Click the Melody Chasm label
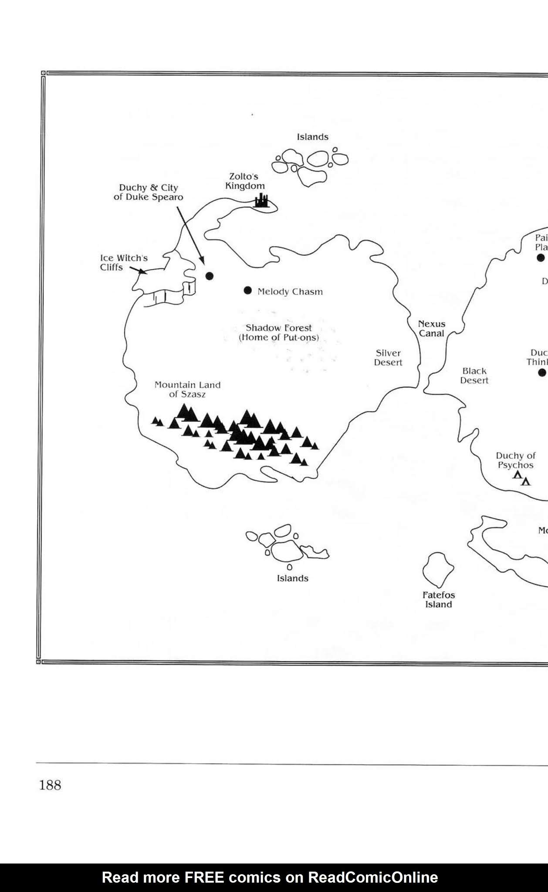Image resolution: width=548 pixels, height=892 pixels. point(290,292)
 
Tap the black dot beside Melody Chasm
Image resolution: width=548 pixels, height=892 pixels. point(248,291)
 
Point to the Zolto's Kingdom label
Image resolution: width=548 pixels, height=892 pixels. point(245,181)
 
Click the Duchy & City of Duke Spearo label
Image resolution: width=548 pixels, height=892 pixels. point(148,192)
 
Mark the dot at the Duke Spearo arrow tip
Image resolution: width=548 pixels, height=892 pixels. point(210,276)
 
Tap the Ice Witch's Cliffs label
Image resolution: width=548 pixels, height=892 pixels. point(124,263)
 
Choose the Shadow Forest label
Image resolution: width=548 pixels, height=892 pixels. point(279,333)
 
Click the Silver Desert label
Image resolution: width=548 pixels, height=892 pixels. point(388,358)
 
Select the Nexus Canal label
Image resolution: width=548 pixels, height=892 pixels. point(432,328)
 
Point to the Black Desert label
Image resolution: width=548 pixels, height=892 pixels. point(474,375)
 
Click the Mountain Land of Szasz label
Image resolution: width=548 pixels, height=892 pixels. point(188,389)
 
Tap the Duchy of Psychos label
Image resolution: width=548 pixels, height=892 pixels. point(516,460)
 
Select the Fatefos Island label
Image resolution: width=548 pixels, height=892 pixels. point(439,600)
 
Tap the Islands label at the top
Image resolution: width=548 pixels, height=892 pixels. point(313,137)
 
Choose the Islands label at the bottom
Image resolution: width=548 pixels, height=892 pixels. point(293,578)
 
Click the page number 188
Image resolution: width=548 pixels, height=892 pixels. point(50,785)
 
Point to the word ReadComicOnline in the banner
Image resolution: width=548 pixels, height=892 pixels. point(373,877)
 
